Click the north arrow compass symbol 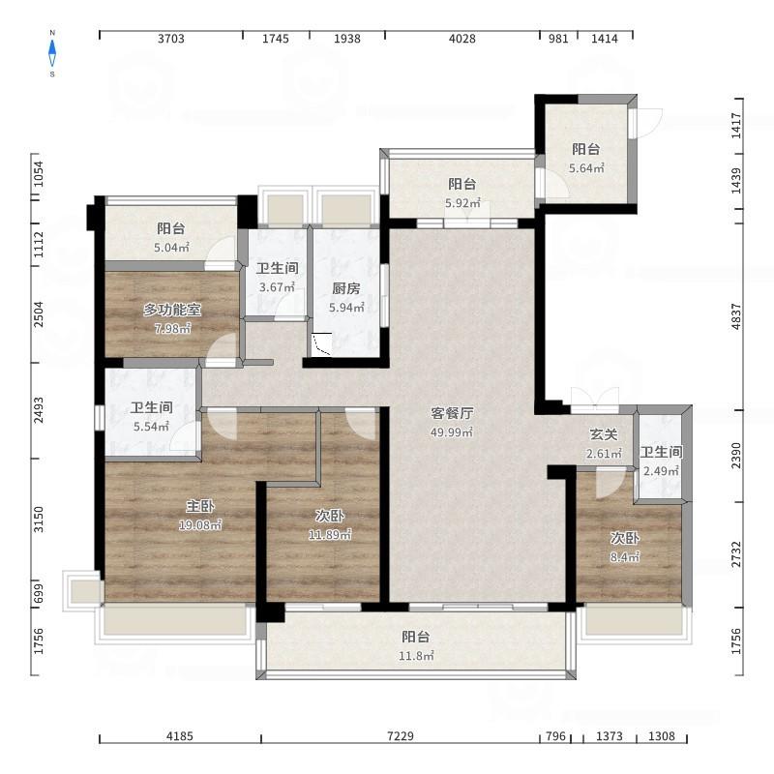pos(52,53)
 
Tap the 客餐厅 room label pos(452,413)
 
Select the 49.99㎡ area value pos(452,432)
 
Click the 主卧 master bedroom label pos(200,506)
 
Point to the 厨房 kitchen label pos(346,288)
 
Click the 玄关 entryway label pos(604,434)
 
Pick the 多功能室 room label pos(172,310)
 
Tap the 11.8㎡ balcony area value pos(416,656)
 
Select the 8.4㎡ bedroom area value pos(625,557)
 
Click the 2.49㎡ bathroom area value pos(661,471)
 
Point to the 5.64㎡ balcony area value pos(586,168)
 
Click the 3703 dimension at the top pos(171,39)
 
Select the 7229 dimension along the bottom pos(401,736)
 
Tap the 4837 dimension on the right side pos(735,316)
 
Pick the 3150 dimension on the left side pos(39,520)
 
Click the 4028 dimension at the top pos(462,39)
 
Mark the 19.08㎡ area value pos(200,525)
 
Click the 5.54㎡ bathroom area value pos(152,427)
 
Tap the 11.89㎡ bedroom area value pos(330,535)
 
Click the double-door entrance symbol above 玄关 pos(595,399)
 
